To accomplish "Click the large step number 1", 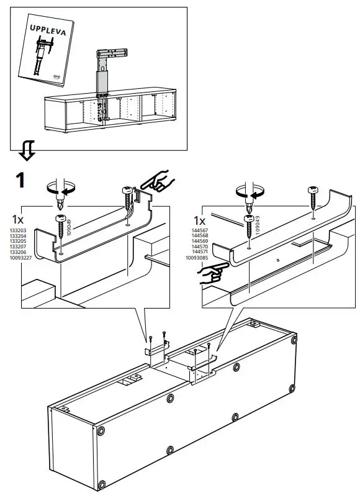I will click(20, 180).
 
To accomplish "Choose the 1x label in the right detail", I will click(200, 220).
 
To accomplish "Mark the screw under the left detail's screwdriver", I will click(61, 226).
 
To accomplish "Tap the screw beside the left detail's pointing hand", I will click(130, 199).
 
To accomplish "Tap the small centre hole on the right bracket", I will click(278, 258).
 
